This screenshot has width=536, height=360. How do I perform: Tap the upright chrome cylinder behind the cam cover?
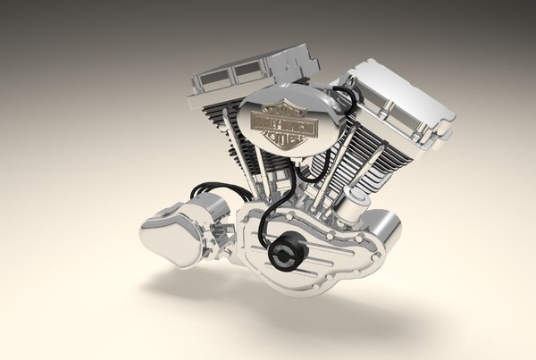358,214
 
